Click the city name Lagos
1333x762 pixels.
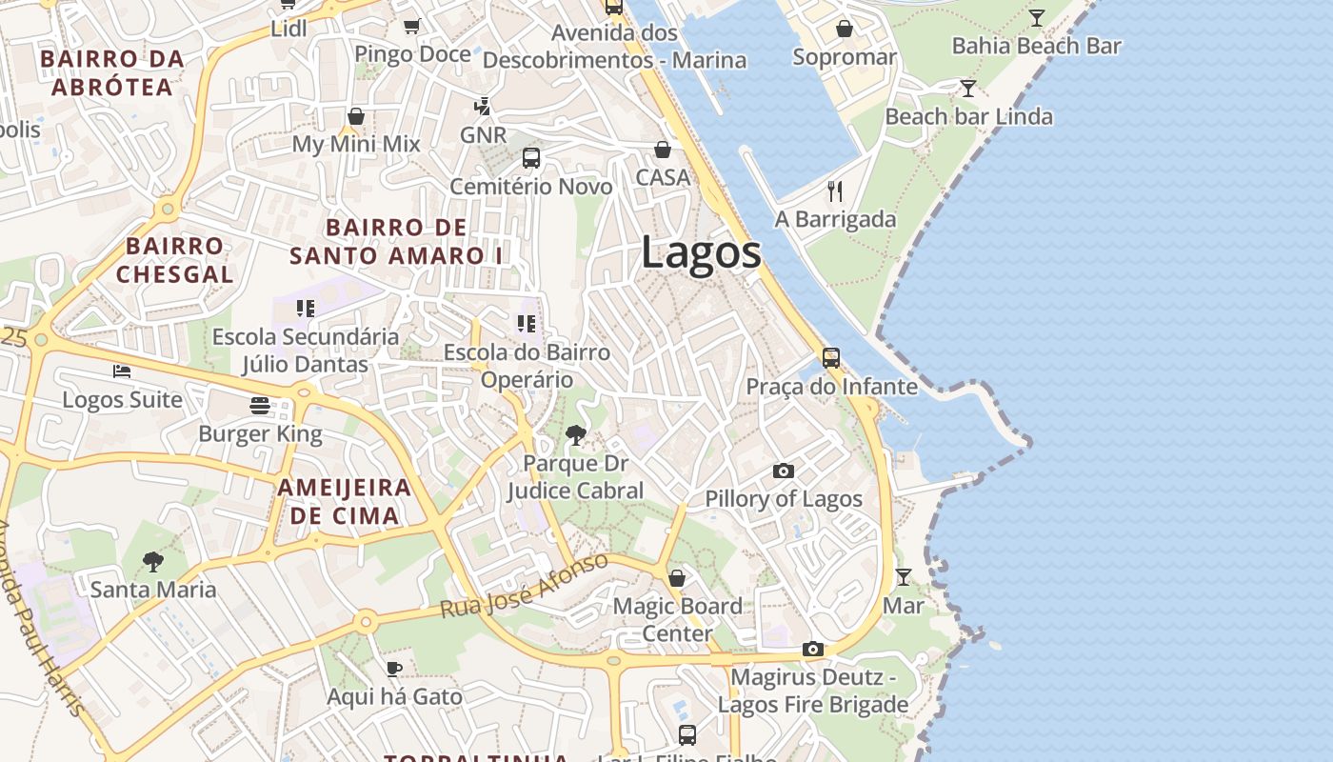tap(701, 253)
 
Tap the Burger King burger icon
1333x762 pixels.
tap(260, 406)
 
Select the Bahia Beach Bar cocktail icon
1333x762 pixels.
tap(1036, 17)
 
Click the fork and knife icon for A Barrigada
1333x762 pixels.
tap(835, 191)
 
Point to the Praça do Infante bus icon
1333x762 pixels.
tap(831, 358)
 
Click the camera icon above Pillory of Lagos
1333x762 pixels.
tap(784, 471)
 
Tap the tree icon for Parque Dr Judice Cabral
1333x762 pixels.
tap(575, 435)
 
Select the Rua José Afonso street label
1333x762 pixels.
tap(525, 585)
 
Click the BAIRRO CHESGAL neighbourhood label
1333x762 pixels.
tap(175, 260)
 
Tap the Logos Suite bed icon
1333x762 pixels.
tap(122, 371)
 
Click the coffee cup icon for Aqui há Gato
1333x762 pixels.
tap(394, 668)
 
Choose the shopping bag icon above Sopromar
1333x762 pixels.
tap(844, 29)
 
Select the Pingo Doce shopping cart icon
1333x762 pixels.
tap(412, 26)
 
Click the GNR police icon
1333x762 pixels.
tap(484, 106)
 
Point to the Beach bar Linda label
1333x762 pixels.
tap(968, 117)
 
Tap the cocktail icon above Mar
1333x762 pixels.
tap(903, 577)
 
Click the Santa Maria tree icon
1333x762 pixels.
tap(152, 561)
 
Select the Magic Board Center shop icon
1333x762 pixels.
tap(677, 578)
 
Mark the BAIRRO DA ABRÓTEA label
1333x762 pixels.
tap(112, 72)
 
